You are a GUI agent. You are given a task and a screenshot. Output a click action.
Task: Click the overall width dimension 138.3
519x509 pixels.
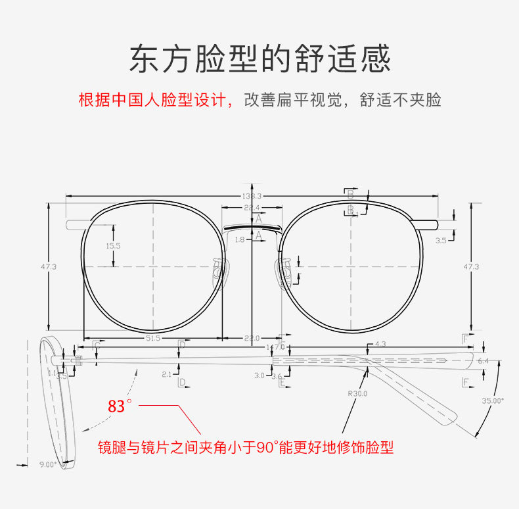252,196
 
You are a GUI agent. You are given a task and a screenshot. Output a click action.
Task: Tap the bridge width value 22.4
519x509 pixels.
252,208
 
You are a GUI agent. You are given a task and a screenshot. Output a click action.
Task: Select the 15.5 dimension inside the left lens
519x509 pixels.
113,245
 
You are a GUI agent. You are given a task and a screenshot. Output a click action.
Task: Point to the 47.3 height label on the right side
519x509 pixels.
471,266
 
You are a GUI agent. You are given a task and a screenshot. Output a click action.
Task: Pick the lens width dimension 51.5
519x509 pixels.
153,338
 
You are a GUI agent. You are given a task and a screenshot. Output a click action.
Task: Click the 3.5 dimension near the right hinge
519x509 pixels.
441,241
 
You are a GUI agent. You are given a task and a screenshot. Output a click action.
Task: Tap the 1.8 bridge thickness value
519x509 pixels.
239,240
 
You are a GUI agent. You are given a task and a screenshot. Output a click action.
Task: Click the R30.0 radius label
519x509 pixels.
358,394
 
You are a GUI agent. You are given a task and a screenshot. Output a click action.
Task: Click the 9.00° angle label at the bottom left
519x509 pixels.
48,464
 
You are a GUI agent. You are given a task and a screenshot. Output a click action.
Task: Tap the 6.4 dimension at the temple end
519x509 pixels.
483,361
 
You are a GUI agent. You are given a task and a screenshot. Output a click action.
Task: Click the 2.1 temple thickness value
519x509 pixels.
166,374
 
